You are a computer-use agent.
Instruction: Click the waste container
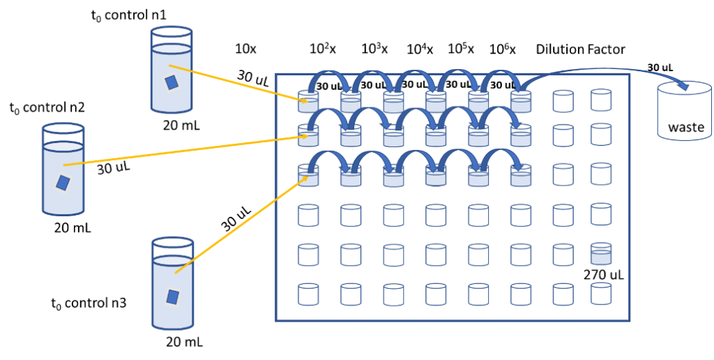click(x=685, y=112)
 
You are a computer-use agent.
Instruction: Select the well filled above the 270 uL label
click(x=601, y=254)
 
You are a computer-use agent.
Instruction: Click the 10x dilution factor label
click(x=246, y=49)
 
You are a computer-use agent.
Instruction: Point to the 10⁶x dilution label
click(x=503, y=49)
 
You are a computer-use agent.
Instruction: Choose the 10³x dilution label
click(x=374, y=49)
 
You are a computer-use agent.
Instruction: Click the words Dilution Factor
click(x=581, y=49)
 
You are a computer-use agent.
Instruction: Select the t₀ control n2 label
click(x=47, y=108)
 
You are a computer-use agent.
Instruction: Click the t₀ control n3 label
click(x=89, y=303)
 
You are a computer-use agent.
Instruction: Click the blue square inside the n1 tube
click(x=172, y=83)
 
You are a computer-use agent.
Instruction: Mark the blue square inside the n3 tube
click(x=172, y=297)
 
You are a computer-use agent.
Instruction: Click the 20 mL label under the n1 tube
click(x=181, y=123)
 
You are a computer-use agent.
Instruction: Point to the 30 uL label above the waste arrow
click(x=660, y=68)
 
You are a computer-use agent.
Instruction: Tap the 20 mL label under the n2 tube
click(x=73, y=228)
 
